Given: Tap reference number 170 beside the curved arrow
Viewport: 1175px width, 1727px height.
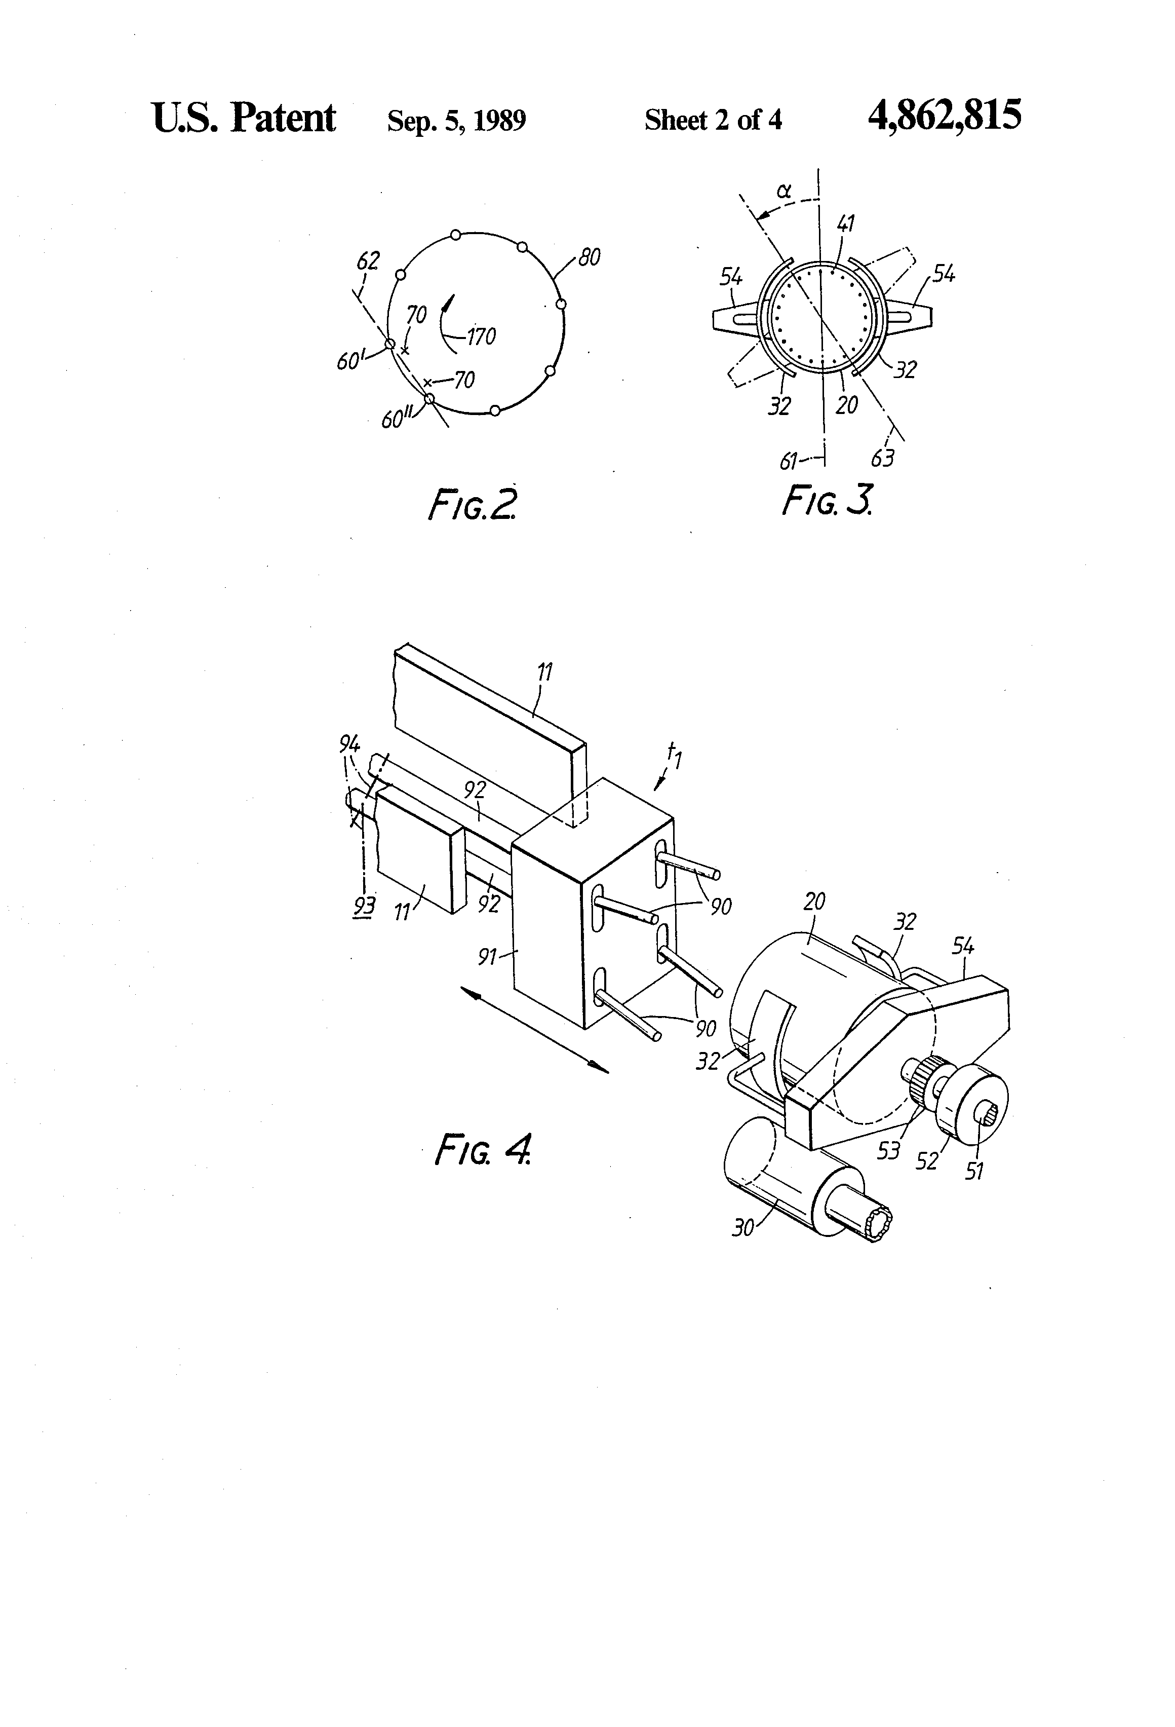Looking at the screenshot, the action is coord(481,337).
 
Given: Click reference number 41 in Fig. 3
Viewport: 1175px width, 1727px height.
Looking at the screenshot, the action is coord(846,223).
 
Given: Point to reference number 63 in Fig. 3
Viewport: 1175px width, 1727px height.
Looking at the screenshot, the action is coord(882,459).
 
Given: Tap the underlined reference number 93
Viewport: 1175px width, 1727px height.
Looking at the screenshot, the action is coord(364,907).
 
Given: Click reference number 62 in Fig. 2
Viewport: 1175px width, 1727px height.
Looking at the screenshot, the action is coord(368,261).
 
